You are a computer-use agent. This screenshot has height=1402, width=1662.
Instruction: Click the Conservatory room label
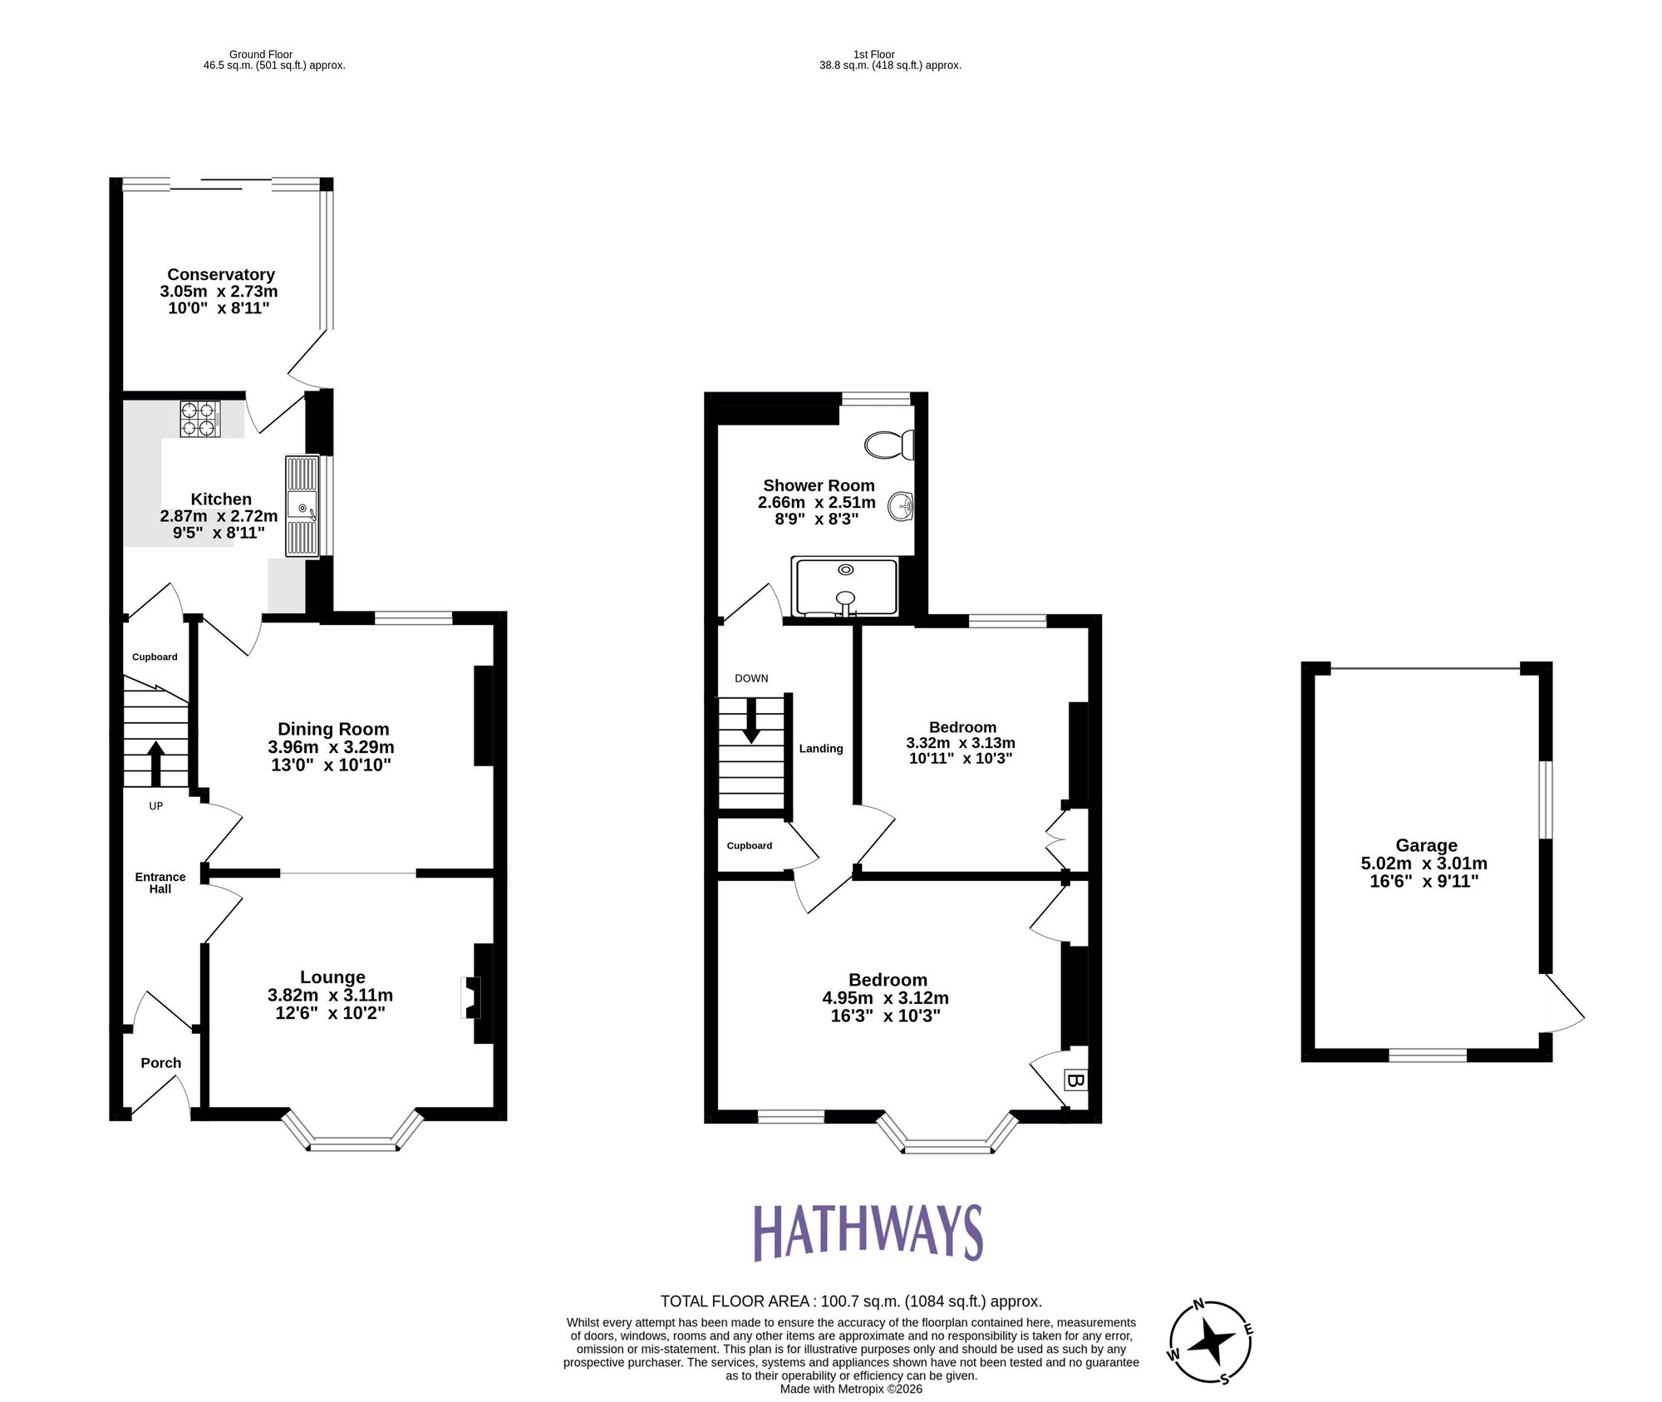[220, 274]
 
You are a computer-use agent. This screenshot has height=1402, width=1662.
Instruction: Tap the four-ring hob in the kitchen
[200, 419]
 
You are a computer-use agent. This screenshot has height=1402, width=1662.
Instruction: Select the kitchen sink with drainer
[302, 505]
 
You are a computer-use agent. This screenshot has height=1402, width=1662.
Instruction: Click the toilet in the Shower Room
[889, 445]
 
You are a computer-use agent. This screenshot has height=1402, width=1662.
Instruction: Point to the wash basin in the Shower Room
[901, 505]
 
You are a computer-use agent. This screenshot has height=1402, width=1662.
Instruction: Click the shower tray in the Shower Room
[846, 587]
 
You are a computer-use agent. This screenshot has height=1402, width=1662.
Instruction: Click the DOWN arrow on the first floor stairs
[751, 720]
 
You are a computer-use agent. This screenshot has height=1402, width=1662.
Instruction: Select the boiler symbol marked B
[1074, 1080]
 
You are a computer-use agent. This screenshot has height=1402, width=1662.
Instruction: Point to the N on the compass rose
[1198, 1304]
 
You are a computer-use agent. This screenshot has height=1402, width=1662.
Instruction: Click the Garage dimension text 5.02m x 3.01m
[1424, 863]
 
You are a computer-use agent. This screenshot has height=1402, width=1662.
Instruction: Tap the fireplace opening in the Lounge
[470, 997]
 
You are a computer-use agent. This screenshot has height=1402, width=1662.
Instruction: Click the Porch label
[160, 1063]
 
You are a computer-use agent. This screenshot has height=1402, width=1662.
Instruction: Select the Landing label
[821, 749]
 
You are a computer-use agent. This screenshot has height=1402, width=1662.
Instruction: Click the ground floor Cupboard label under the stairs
[155, 657]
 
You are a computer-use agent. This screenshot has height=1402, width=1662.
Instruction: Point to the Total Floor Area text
[851, 1301]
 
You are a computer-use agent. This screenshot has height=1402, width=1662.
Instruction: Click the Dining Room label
[333, 729]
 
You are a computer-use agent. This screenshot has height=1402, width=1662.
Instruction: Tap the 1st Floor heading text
[873, 54]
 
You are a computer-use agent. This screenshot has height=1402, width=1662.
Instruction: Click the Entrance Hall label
[160, 883]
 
